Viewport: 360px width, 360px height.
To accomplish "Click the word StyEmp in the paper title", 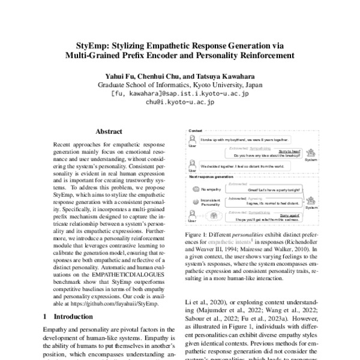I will tap(94, 46).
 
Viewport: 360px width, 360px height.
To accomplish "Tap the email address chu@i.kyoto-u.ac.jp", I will tap(179, 102).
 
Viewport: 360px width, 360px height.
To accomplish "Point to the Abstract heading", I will tap(109, 131).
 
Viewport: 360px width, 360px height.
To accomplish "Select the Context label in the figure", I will tap(196, 130).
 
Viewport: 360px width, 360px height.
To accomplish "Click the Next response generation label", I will tap(212, 177).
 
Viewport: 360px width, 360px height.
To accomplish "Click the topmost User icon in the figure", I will tap(193, 140).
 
